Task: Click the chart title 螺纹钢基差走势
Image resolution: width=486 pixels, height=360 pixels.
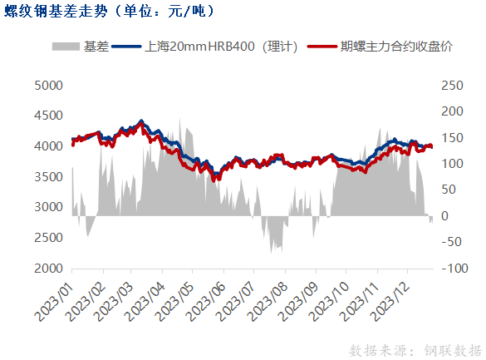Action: (x=56, y=11)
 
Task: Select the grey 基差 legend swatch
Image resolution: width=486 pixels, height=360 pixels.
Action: (x=66, y=47)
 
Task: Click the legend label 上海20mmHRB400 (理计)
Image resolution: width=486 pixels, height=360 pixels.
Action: (x=221, y=47)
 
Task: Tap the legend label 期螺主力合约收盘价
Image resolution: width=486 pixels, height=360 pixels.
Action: (x=396, y=47)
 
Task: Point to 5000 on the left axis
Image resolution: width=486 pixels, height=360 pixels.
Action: (x=48, y=86)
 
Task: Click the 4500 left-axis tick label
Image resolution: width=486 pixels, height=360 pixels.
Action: (x=48, y=116)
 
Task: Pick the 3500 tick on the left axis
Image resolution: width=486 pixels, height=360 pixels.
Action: (x=48, y=177)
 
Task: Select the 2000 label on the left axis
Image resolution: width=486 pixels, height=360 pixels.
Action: (x=48, y=269)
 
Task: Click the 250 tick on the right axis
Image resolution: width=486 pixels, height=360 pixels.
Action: (x=452, y=86)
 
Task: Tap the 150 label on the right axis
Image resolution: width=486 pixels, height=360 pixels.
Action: (x=452, y=138)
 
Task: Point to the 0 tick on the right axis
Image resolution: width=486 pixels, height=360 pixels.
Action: (x=444, y=216)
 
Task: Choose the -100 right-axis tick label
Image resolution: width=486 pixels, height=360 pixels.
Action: (x=454, y=269)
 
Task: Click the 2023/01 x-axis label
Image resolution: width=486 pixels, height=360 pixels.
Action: (x=54, y=302)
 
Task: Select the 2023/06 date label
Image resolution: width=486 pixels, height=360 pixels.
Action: (x=206, y=302)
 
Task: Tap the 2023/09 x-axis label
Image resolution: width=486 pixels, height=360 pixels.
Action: (x=299, y=302)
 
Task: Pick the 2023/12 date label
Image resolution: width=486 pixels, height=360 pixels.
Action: (x=390, y=302)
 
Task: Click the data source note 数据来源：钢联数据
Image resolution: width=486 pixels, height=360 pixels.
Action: (x=415, y=350)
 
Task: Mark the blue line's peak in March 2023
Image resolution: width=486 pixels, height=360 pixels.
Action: (x=141, y=121)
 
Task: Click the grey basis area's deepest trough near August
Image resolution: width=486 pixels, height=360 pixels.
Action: (x=271, y=253)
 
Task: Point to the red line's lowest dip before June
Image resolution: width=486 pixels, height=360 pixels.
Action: (x=214, y=180)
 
